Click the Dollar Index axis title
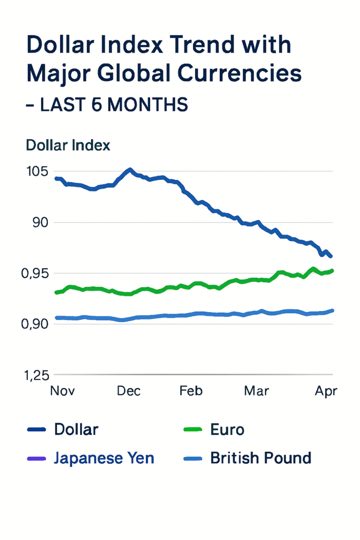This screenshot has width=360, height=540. (68, 144)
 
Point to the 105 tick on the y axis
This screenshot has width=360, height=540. (35, 172)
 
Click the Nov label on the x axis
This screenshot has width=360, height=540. (62, 391)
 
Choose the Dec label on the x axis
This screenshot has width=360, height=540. (129, 391)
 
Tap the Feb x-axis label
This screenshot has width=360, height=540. (191, 391)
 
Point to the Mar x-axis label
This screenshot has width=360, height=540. (256, 391)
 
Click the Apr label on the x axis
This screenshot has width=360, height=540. (326, 391)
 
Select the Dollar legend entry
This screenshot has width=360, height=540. (76, 429)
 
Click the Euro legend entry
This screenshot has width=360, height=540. (227, 429)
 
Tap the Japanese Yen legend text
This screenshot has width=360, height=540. (104, 458)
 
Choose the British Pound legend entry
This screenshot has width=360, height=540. (261, 458)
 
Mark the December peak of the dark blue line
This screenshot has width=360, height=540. (130, 170)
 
